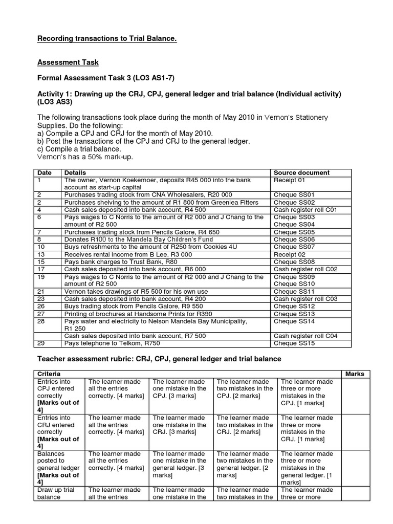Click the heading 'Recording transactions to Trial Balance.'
click(107, 39)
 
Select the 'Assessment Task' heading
click(68, 62)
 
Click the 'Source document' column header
click(302, 173)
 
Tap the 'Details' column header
click(75, 173)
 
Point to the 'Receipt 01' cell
click(290, 180)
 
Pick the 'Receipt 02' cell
click(290, 254)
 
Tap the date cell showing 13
click(41, 254)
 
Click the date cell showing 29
click(41, 343)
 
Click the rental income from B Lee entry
click(128, 254)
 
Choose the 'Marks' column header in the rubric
click(355, 374)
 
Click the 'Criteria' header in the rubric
click(49, 374)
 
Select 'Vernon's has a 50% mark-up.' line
click(85, 157)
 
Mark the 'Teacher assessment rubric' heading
click(160, 359)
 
